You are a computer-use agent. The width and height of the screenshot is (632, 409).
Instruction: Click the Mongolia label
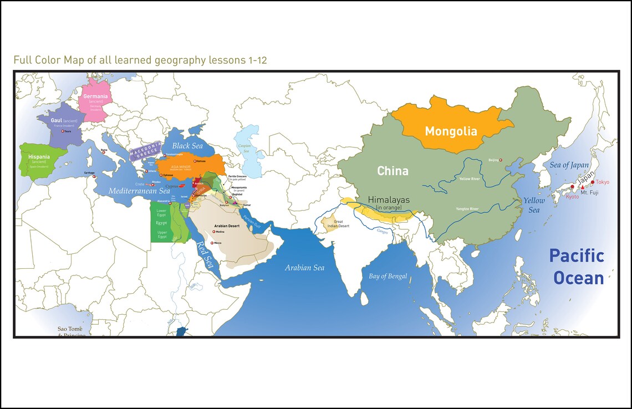(x=451, y=131)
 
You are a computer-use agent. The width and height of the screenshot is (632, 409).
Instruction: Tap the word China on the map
(x=393, y=171)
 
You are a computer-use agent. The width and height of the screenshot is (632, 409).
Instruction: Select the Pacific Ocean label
(x=577, y=267)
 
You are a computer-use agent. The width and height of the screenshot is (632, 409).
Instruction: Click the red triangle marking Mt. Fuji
(x=582, y=187)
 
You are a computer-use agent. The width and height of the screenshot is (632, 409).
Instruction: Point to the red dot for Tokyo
(x=593, y=182)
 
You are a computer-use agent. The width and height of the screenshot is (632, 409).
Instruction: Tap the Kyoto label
(x=573, y=197)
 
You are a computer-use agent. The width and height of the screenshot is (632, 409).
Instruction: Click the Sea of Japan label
(x=569, y=165)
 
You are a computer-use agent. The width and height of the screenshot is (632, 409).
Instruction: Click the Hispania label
(x=39, y=157)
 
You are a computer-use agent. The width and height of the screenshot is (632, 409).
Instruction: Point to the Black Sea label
(x=187, y=146)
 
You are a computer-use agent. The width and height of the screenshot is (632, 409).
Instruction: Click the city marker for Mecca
(x=212, y=243)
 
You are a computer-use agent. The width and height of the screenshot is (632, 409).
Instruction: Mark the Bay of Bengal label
(x=388, y=276)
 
